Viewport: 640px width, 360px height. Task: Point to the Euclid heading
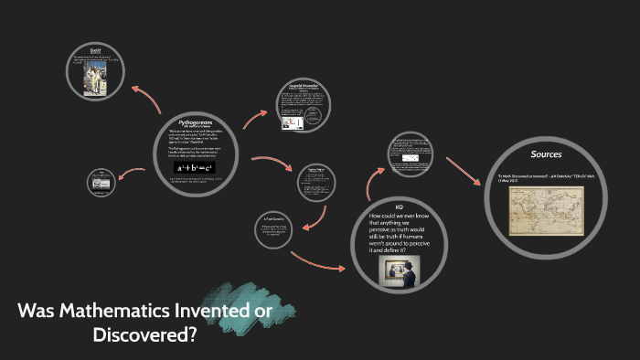click(x=95, y=48)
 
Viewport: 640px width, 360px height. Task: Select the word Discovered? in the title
click(x=145, y=334)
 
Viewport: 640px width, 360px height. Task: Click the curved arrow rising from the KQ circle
click(x=370, y=183)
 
